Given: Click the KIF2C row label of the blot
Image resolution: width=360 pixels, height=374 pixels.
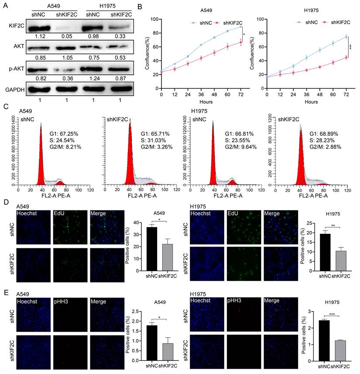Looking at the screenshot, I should (14, 27).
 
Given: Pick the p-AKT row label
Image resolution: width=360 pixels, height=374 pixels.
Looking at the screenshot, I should (14, 68).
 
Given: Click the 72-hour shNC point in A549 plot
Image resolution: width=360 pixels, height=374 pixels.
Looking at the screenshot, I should (241, 27).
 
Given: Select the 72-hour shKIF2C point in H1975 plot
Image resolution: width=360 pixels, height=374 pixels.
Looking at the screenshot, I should (346, 57).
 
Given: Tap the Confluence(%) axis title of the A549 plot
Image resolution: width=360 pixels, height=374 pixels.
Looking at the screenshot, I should (147, 55).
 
